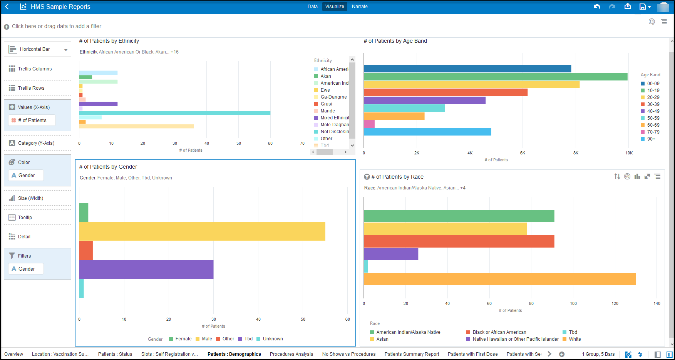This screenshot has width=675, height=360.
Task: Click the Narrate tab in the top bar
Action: (x=359, y=7)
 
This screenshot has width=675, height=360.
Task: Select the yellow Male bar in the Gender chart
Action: (x=202, y=231)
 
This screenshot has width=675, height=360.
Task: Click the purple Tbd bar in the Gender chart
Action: (x=146, y=270)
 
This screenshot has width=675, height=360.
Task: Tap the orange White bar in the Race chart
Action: (x=499, y=279)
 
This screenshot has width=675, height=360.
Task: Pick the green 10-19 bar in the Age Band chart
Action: (x=495, y=77)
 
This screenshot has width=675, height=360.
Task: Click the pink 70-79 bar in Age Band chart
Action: (x=369, y=124)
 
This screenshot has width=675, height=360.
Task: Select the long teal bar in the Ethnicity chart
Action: (x=174, y=113)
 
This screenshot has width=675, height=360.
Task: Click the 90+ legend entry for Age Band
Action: (x=651, y=139)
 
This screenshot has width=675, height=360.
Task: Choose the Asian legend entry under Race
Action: (x=382, y=339)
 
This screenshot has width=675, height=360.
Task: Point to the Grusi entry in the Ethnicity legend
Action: (x=326, y=104)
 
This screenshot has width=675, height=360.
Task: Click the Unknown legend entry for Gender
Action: (x=273, y=339)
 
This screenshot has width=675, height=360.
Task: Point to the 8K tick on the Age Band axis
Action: (x=576, y=153)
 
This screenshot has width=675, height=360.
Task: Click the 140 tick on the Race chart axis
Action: (x=657, y=303)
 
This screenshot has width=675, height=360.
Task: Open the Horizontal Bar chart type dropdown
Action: (x=37, y=49)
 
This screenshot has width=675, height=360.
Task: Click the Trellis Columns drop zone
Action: (x=37, y=69)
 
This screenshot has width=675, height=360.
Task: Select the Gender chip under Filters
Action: (x=26, y=269)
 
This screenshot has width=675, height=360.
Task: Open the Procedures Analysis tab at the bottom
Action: (x=291, y=354)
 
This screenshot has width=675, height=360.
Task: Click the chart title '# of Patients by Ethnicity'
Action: (x=109, y=41)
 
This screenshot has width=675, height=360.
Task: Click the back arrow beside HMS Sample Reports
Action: (x=7, y=7)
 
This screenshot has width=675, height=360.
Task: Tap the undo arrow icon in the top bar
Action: (x=597, y=7)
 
